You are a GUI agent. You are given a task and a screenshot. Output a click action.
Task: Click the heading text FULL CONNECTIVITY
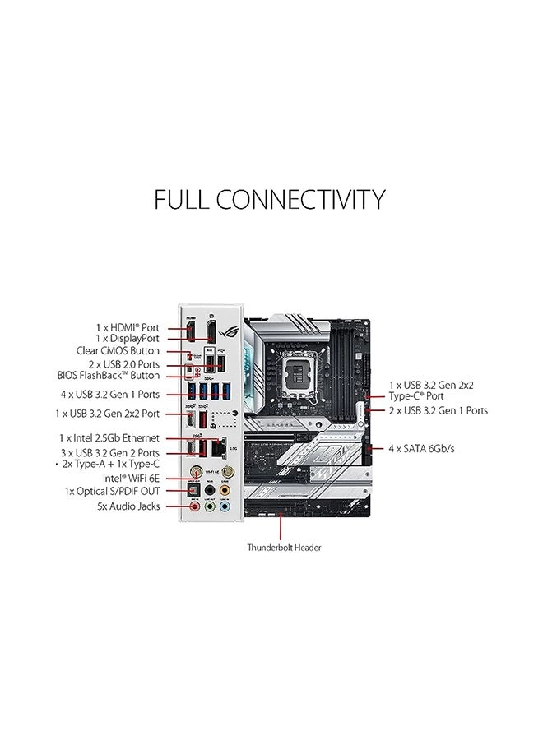[270, 200]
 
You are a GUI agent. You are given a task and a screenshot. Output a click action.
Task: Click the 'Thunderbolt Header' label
[284, 547]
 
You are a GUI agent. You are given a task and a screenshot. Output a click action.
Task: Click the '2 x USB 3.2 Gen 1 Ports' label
[439, 410]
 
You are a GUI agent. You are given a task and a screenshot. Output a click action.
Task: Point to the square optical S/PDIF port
[194, 490]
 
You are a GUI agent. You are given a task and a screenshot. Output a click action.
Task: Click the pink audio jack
[194, 507]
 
